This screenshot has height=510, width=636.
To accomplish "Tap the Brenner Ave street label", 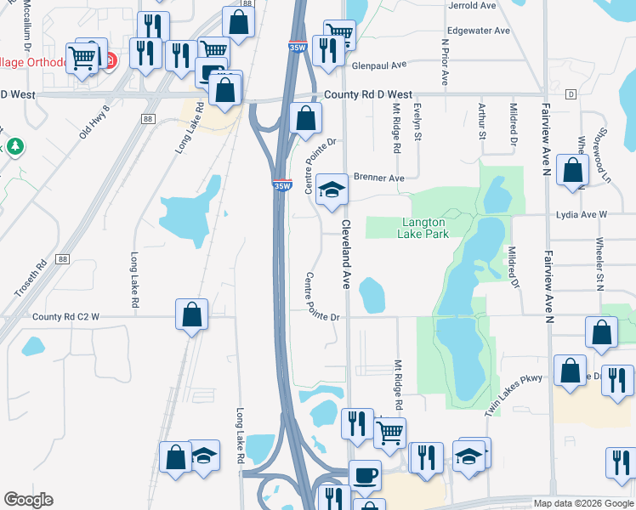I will (x=379, y=178).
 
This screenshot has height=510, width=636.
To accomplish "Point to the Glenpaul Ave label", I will (x=380, y=65).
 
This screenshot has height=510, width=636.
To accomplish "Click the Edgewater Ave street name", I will (x=479, y=31).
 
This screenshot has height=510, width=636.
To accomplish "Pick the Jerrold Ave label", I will (x=473, y=5).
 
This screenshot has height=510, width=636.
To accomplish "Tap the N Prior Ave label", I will (x=444, y=61).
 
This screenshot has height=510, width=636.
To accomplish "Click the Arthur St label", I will (x=482, y=121).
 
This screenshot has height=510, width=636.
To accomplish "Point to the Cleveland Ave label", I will (x=347, y=253).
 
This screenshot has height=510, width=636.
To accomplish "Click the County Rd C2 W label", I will (x=66, y=317).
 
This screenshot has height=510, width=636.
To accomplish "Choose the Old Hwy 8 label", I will (x=94, y=122).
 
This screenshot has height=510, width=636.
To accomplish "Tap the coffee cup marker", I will (x=366, y=474).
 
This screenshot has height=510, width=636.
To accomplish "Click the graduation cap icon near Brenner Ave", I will (x=332, y=190).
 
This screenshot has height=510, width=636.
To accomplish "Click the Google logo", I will (x=28, y=500).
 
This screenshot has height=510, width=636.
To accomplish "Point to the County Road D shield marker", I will (x=571, y=93).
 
